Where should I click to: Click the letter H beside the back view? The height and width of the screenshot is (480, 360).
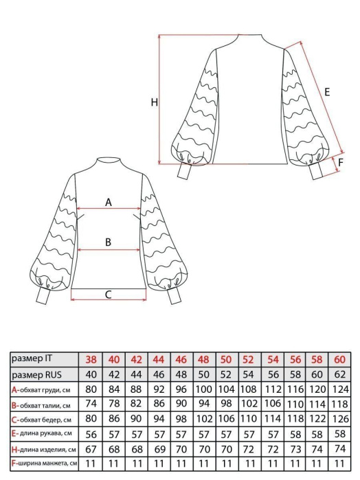155,102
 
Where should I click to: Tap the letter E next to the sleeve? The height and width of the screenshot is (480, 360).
327,92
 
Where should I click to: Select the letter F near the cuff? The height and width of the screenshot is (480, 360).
341,162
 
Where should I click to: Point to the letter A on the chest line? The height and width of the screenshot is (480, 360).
109,203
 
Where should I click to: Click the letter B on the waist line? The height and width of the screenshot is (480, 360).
108,242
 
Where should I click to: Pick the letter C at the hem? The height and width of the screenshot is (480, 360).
108,295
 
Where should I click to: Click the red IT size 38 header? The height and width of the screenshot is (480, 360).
91,359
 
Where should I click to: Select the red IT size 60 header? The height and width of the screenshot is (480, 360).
340,359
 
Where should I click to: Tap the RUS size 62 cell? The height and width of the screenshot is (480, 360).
340,374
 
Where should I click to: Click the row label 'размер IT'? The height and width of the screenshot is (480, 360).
32,358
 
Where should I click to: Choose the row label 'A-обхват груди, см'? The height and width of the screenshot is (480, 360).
41,390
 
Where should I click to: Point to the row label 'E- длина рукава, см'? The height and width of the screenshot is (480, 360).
42,433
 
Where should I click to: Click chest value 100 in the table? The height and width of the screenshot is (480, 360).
204,389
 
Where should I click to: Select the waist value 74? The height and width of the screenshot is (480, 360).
91,404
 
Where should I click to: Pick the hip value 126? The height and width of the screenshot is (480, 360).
340,419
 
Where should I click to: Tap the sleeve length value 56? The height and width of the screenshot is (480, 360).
91,434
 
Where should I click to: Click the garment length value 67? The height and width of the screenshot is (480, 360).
91,449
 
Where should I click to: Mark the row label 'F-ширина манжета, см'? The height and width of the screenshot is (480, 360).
45,463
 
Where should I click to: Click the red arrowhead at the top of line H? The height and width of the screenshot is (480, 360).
159,37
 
